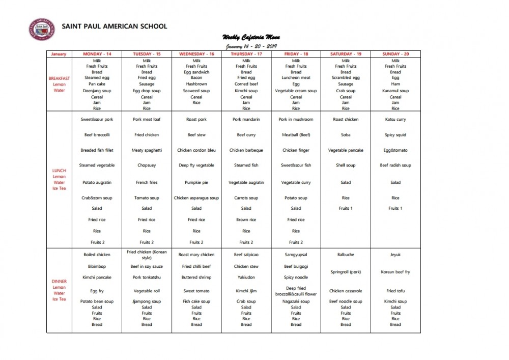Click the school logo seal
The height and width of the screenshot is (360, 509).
click(42, 31)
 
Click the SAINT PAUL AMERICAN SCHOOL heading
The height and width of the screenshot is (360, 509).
click(114, 26)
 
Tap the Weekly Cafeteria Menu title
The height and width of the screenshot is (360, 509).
click(251, 37)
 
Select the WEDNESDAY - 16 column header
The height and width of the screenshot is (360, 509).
click(196, 54)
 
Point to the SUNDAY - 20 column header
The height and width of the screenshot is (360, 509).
click(395, 54)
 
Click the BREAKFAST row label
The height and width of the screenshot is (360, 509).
click(60, 78)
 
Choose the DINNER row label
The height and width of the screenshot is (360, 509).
click(60, 281)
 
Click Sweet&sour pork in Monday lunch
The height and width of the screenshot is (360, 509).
click(97, 120)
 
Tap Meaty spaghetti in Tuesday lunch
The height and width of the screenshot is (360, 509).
click(147, 150)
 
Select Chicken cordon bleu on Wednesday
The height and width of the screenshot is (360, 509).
click(196, 150)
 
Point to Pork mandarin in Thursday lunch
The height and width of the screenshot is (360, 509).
click(246, 120)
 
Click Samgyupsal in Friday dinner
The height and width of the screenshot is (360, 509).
click(296, 255)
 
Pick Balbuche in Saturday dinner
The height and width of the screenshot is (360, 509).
click(346, 255)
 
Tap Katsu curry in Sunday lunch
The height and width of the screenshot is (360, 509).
click(395, 120)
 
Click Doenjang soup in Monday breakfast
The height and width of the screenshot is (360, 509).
click(97, 91)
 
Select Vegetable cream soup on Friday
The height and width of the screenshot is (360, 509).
click(296, 91)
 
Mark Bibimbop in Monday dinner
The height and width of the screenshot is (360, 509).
click(97, 266)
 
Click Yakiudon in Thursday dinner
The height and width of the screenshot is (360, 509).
click(246, 278)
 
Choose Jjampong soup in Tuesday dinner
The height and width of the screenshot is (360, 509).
click(147, 301)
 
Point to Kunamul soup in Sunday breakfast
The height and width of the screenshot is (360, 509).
click(395, 91)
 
